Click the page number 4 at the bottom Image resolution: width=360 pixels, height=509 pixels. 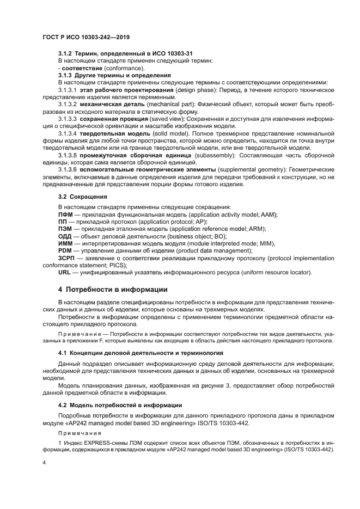coord(44,462)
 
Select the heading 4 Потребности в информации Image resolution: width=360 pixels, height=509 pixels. coord(113,289)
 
